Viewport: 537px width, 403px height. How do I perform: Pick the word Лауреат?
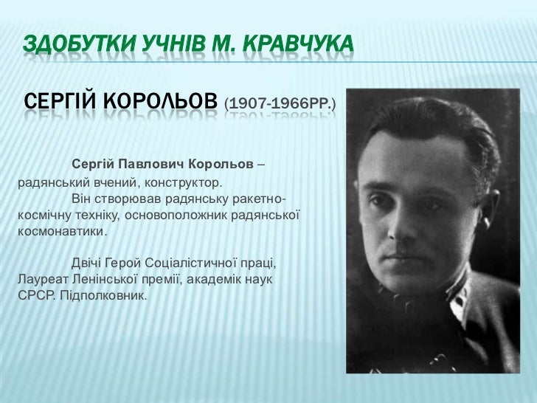pyautogui.click(x=41, y=281)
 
